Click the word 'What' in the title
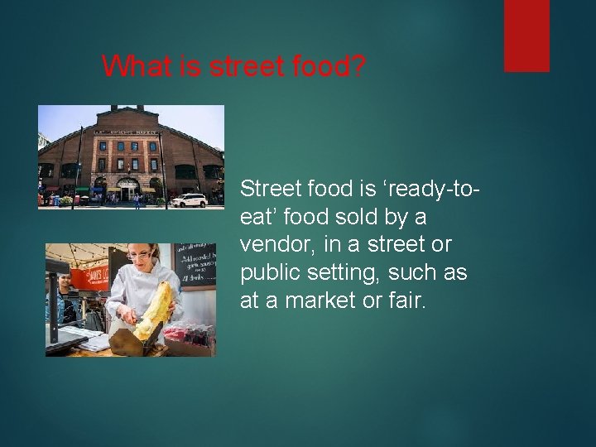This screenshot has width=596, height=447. (x=128, y=65)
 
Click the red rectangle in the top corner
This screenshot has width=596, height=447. (x=526, y=35)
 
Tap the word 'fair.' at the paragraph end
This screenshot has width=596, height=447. (x=406, y=301)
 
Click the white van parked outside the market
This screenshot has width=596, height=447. (x=190, y=199)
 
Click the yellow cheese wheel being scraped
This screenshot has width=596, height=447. (x=157, y=311)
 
